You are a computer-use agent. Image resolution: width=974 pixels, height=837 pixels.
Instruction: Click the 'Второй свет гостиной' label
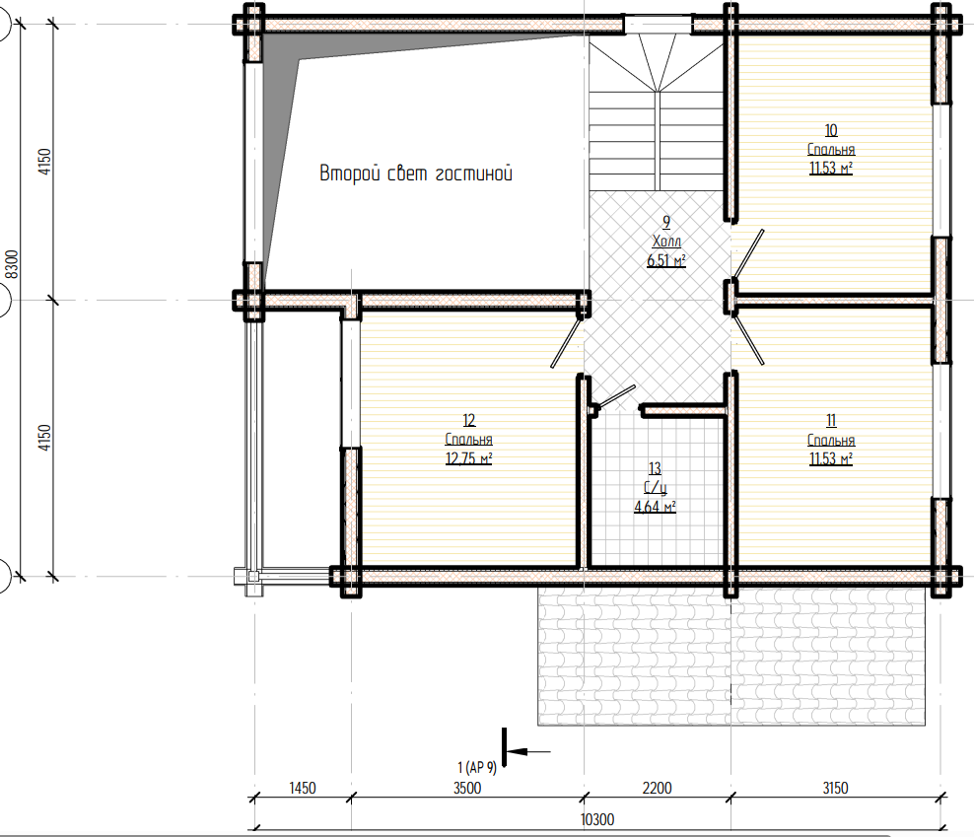point(416,174)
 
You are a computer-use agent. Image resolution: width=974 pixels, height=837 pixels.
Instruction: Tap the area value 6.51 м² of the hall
point(665,260)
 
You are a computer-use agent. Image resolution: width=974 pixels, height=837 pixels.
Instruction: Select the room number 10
point(830,130)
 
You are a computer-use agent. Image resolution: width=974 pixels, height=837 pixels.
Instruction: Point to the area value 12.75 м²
point(468,458)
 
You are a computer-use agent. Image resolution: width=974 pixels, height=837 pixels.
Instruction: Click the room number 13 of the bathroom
point(655,468)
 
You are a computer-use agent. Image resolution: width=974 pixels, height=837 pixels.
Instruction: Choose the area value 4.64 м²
point(655,507)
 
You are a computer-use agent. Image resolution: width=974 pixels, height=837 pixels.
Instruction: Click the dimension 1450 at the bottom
point(303,788)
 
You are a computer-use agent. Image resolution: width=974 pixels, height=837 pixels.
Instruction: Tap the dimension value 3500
point(467,788)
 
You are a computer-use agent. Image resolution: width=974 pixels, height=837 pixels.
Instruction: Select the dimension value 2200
point(657,788)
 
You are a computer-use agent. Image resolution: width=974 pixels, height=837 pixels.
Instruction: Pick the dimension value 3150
point(835,788)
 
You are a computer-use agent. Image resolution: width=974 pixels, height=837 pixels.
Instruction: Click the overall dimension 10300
point(597,819)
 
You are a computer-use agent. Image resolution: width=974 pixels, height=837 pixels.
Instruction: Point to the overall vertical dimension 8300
point(12,264)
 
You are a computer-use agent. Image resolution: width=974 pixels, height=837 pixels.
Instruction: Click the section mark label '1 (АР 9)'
point(477,768)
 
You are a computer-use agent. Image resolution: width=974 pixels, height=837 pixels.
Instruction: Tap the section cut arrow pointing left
point(528,752)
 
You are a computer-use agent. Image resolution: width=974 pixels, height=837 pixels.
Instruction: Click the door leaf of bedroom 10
point(748,253)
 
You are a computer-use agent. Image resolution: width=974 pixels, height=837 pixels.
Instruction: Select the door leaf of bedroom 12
point(567,343)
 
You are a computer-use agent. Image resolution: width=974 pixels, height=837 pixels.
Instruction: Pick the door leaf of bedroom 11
point(749,340)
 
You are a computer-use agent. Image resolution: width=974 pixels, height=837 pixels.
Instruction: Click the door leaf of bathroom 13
point(615,396)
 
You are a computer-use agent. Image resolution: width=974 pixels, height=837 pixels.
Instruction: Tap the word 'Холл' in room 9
point(666,242)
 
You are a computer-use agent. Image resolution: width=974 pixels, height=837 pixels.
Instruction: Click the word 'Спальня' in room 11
point(831,441)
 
